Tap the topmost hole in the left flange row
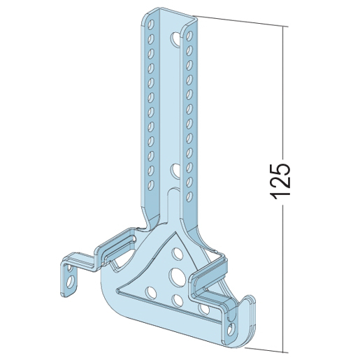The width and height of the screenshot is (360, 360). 152,24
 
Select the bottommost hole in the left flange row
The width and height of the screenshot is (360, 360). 152,185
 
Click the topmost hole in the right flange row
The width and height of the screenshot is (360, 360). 189,36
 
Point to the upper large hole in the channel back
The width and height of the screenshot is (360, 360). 176,38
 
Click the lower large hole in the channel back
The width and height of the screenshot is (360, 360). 175,171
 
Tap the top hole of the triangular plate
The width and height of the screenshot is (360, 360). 178,254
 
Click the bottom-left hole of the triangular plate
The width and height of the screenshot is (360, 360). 151,293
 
